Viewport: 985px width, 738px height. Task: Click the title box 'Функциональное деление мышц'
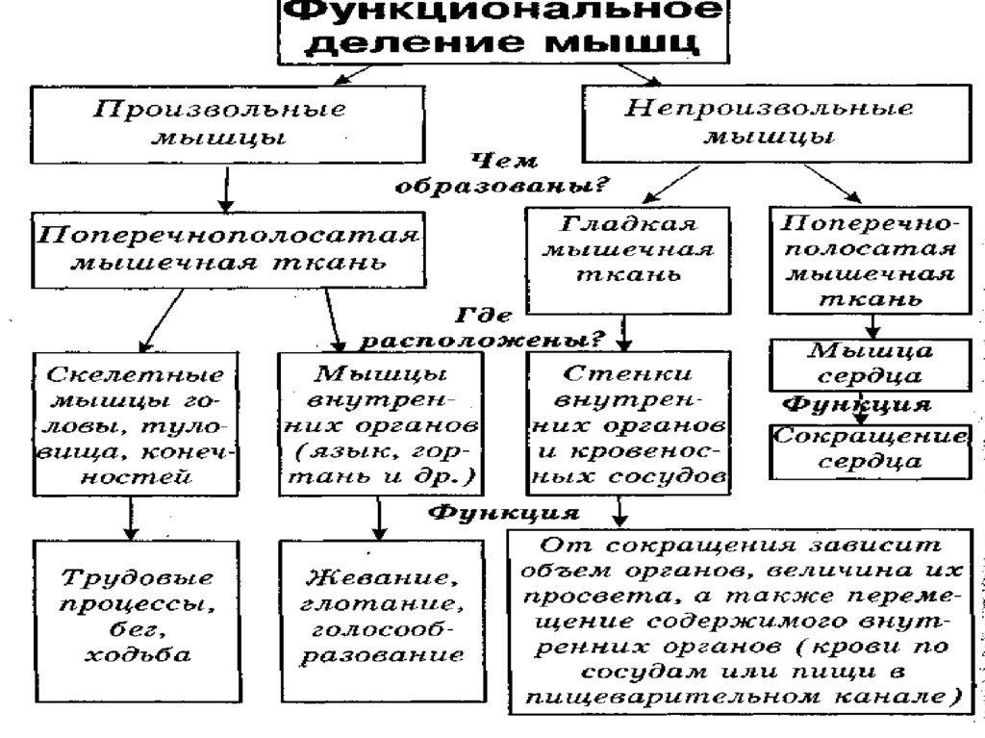504,30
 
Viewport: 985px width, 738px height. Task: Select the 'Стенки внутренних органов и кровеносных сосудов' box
627,423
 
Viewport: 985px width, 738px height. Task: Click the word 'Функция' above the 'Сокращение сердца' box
856,402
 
